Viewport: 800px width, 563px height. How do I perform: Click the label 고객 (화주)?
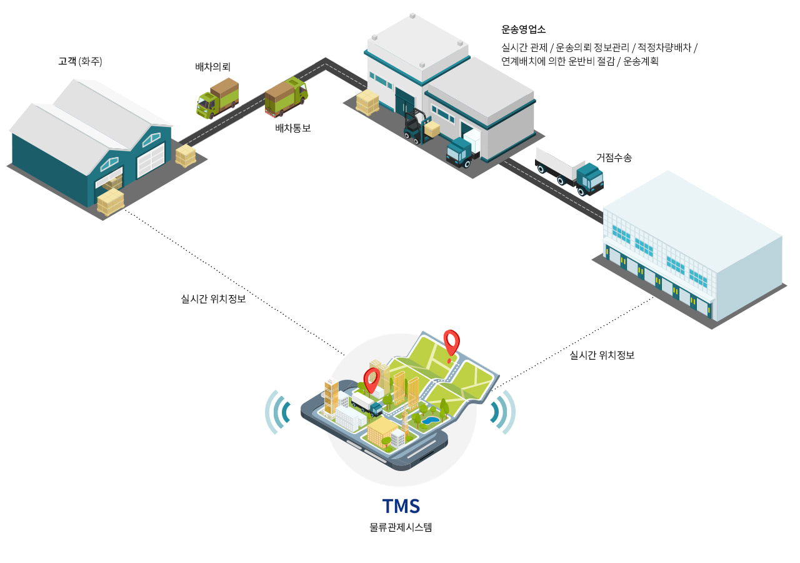pos(80,61)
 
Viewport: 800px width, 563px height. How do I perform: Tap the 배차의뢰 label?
pos(213,67)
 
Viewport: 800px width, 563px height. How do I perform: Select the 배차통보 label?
pos(292,128)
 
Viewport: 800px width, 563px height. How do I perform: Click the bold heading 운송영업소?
pos(524,29)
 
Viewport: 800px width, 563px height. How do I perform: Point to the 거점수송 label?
pos(614,158)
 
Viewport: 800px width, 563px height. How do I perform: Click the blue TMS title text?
pos(401,505)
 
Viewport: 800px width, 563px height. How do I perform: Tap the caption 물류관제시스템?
pos(401,527)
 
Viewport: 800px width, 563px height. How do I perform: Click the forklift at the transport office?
pos(414,126)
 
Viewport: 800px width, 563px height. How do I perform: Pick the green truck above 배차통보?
pos(286,96)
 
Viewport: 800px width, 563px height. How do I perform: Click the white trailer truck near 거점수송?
pos(569,170)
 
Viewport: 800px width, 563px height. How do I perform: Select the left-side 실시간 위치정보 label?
pos(212,298)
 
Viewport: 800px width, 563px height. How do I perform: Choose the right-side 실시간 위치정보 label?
pos(602,355)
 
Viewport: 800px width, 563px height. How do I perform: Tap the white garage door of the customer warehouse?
pos(151,160)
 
